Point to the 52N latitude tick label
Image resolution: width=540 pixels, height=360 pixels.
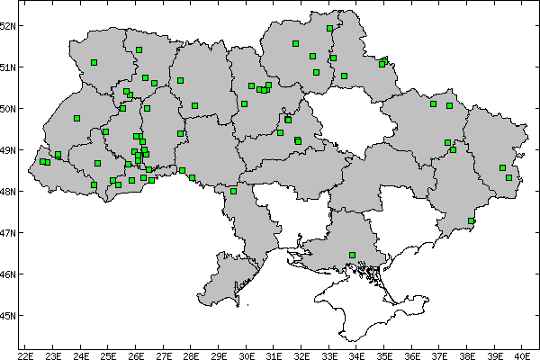(8, 25)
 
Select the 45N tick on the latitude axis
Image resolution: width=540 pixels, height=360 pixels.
(8, 315)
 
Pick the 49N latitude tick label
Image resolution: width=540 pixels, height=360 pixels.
(8, 149)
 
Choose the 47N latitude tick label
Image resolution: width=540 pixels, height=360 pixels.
(8, 232)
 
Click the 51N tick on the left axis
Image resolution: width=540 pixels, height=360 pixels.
(8, 67)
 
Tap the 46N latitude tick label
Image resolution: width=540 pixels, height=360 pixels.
(8, 274)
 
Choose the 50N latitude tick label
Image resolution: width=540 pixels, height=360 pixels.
(8, 108)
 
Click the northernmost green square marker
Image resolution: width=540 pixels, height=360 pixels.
(330, 28)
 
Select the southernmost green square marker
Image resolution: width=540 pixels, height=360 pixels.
(352, 255)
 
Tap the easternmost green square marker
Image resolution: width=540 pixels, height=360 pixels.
(509, 178)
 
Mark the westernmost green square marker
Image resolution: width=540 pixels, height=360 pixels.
(42, 162)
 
